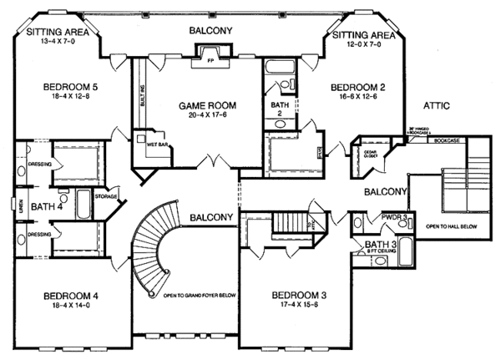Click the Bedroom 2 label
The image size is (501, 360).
point(357,86)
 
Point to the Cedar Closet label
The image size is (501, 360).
point(372,153)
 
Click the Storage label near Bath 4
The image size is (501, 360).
point(105,198)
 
